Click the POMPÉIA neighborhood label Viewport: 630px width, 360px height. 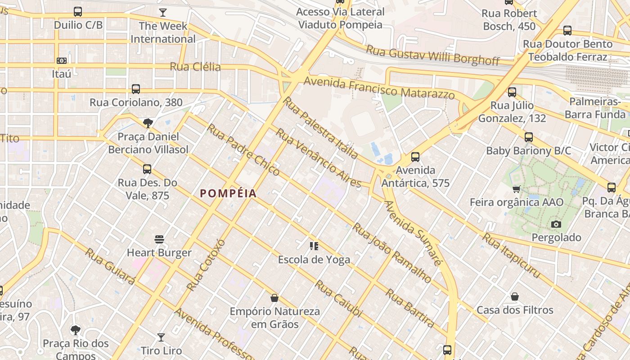[x=228, y=193]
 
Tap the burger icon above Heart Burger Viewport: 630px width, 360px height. [x=159, y=239]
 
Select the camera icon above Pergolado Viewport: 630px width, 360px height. [x=556, y=224]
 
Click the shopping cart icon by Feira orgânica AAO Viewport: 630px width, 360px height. [x=516, y=189]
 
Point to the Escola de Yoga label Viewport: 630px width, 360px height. [x=314, y=260]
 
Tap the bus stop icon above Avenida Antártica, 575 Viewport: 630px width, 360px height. [x=415, y=157]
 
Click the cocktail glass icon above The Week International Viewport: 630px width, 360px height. [x=163, y=13]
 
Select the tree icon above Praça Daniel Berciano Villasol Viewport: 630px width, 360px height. [x=148, y=123]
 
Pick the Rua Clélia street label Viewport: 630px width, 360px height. [x=195, y=67]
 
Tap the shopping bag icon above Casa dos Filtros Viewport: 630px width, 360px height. [x=515, y=297]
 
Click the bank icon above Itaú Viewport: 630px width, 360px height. [x=62, y=60]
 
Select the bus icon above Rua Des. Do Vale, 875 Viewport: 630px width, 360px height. [x=147, y=169]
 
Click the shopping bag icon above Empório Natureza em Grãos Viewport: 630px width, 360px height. [x=274, y=298]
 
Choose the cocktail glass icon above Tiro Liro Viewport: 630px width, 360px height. [x=161, y=337]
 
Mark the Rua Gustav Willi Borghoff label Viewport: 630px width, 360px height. [x=432, y=55]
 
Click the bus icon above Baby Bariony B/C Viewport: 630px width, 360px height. [x=528, y=137]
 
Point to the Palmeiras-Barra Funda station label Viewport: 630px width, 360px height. [x=594, y=108]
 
